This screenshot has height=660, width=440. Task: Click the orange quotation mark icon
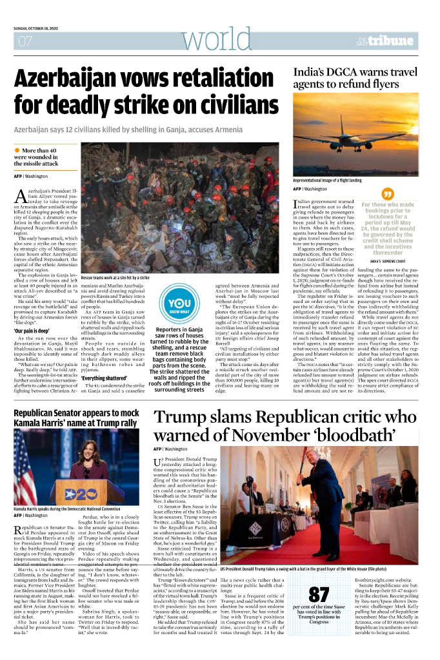(388, 193)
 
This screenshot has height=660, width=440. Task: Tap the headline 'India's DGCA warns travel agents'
(355, 79)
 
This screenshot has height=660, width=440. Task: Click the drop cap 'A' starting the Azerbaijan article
(21, 196)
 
